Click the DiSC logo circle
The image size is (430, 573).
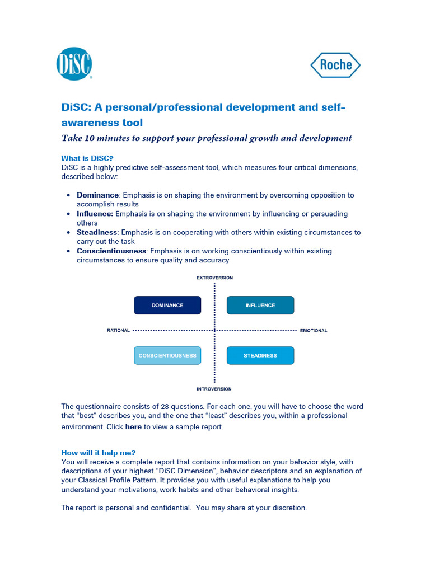pyautogui.click(x=74, y=64)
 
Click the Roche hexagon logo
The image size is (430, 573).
pyautogui.click(x=335, y=65)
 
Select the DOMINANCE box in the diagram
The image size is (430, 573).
pyautogui.click(x=167, y=306)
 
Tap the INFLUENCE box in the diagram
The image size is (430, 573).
pyautogui.click(x=260, y=306)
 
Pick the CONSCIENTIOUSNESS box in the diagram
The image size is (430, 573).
pyautogui.click(x=167, y=356)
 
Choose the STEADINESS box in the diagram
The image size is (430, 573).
pyautogui.click(x=260, y=356)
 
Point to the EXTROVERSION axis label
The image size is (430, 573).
pyautogui.click(x=214, y=278)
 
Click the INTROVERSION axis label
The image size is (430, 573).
pyautogui.click(x=214, y=389)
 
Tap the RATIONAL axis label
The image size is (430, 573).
pyautogui.click(x=118, y=331)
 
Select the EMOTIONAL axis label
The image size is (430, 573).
pyautogui.click(x=314, y=331)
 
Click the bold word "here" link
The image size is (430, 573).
pyautogui.click(x=133, y=427)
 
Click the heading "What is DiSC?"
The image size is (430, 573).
pyautogui.click(x=91, y=158)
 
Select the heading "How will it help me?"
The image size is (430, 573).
pyautogui.click(x=98, y=453)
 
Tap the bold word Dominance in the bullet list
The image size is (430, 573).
pyautogui.click(x=97, y=195)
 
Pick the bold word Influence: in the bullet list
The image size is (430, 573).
pyautogui.click(x=95, y=214)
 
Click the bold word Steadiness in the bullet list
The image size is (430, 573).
pyautogui.click(x=97, y=232)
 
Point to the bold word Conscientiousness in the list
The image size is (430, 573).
pyautogui.click(x=111, y=251)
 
